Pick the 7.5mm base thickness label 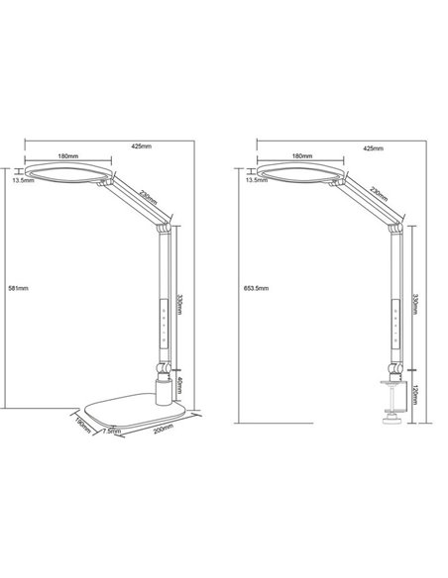click(x=111, y=432)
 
